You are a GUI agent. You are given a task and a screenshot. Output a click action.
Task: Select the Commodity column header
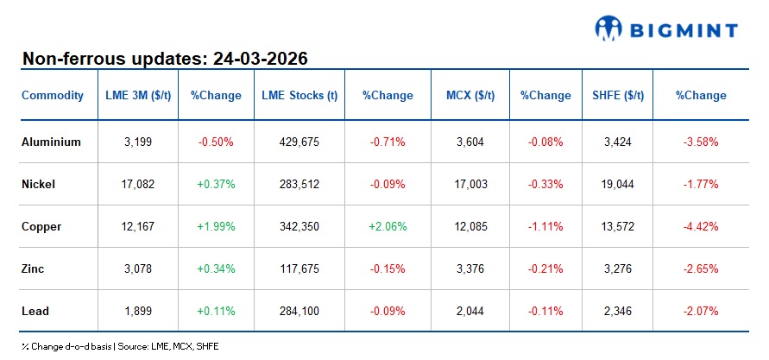tap(53, 96)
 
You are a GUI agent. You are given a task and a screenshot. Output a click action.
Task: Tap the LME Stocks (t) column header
tap(299, 96)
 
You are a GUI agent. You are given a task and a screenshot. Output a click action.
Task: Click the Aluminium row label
tap(51, 142)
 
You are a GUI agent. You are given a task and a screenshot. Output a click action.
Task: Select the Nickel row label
tap(39, 184)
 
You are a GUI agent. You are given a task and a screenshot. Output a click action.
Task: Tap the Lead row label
tap(35, 310)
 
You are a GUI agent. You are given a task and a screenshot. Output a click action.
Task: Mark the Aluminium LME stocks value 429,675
tap(299, 142)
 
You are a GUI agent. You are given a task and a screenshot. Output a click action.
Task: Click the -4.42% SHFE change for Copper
tap(700, 226)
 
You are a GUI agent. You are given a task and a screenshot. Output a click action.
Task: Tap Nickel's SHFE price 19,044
tap(618, 184)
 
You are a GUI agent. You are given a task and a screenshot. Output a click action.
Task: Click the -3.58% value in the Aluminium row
tap(700, 142)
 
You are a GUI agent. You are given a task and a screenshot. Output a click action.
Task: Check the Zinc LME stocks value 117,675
tap(299, 268)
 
